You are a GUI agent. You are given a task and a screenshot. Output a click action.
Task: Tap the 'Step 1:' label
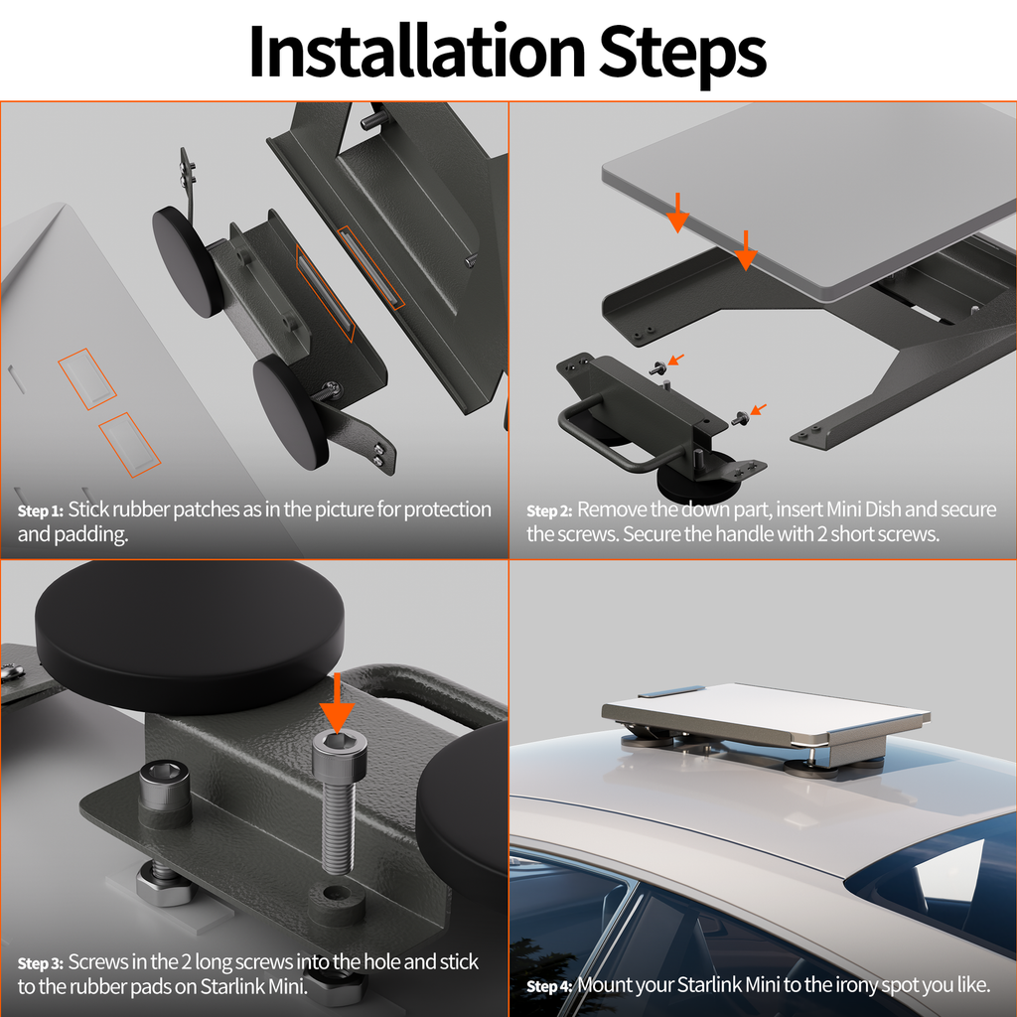(40, 511)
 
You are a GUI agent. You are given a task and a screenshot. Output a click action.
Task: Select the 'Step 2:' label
(549, 511)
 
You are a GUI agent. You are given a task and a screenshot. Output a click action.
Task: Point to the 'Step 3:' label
(40, 963)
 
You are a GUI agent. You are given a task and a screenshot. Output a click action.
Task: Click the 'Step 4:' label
(549, 987)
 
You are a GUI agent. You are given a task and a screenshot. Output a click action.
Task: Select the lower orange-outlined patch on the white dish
(130, 442)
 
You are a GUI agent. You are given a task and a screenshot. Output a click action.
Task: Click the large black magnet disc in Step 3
(189, 622)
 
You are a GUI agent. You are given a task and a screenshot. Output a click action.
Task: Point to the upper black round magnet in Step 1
(185, 260)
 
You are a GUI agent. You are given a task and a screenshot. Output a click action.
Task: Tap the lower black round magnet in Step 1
(290, 411)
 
